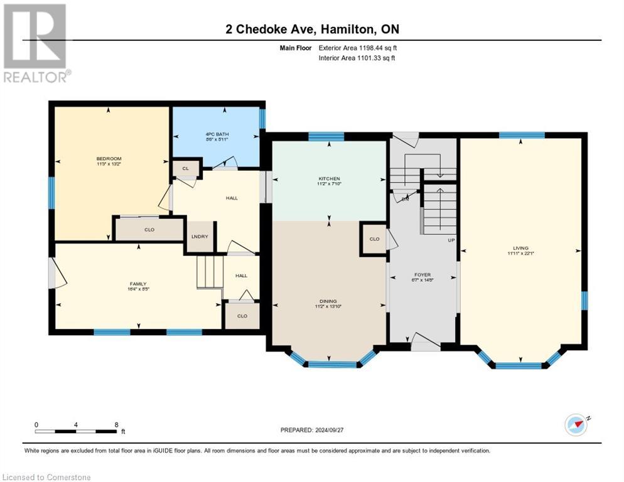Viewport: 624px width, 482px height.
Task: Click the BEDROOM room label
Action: (109, 158)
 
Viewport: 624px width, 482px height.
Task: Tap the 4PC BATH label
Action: (215, 134)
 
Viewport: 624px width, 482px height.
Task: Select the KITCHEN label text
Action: (328, 179)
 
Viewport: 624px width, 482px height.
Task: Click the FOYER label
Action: (422, 275)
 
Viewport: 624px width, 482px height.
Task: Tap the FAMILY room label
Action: (138, 284)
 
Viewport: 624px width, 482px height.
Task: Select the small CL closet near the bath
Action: (185, 168)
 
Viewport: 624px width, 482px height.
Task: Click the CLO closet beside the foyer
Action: (374, 239)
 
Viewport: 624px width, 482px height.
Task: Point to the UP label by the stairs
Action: (450, 240)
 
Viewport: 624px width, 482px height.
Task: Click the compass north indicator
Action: (576, 424)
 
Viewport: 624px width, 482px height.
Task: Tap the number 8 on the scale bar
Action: (116, 424)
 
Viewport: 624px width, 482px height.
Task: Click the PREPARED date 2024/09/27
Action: (313, 430)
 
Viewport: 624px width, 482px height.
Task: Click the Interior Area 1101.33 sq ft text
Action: (357, 58)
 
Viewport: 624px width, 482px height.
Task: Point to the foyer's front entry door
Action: (425, 343)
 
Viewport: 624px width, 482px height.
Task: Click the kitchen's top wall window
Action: (326, 136)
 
